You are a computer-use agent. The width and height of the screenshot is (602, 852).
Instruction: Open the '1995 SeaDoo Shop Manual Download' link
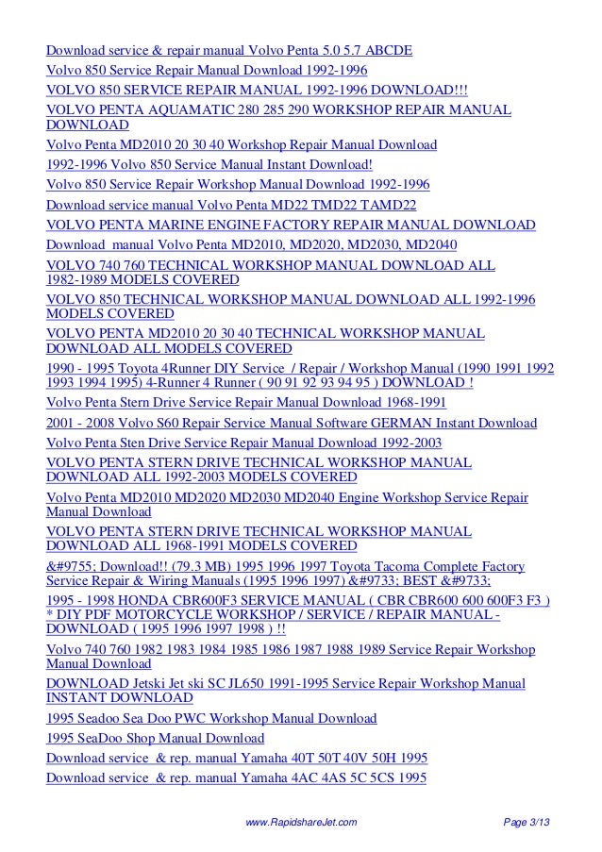pos(156,738)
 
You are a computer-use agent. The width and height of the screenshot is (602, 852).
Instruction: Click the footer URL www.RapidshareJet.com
pos(300,824)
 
